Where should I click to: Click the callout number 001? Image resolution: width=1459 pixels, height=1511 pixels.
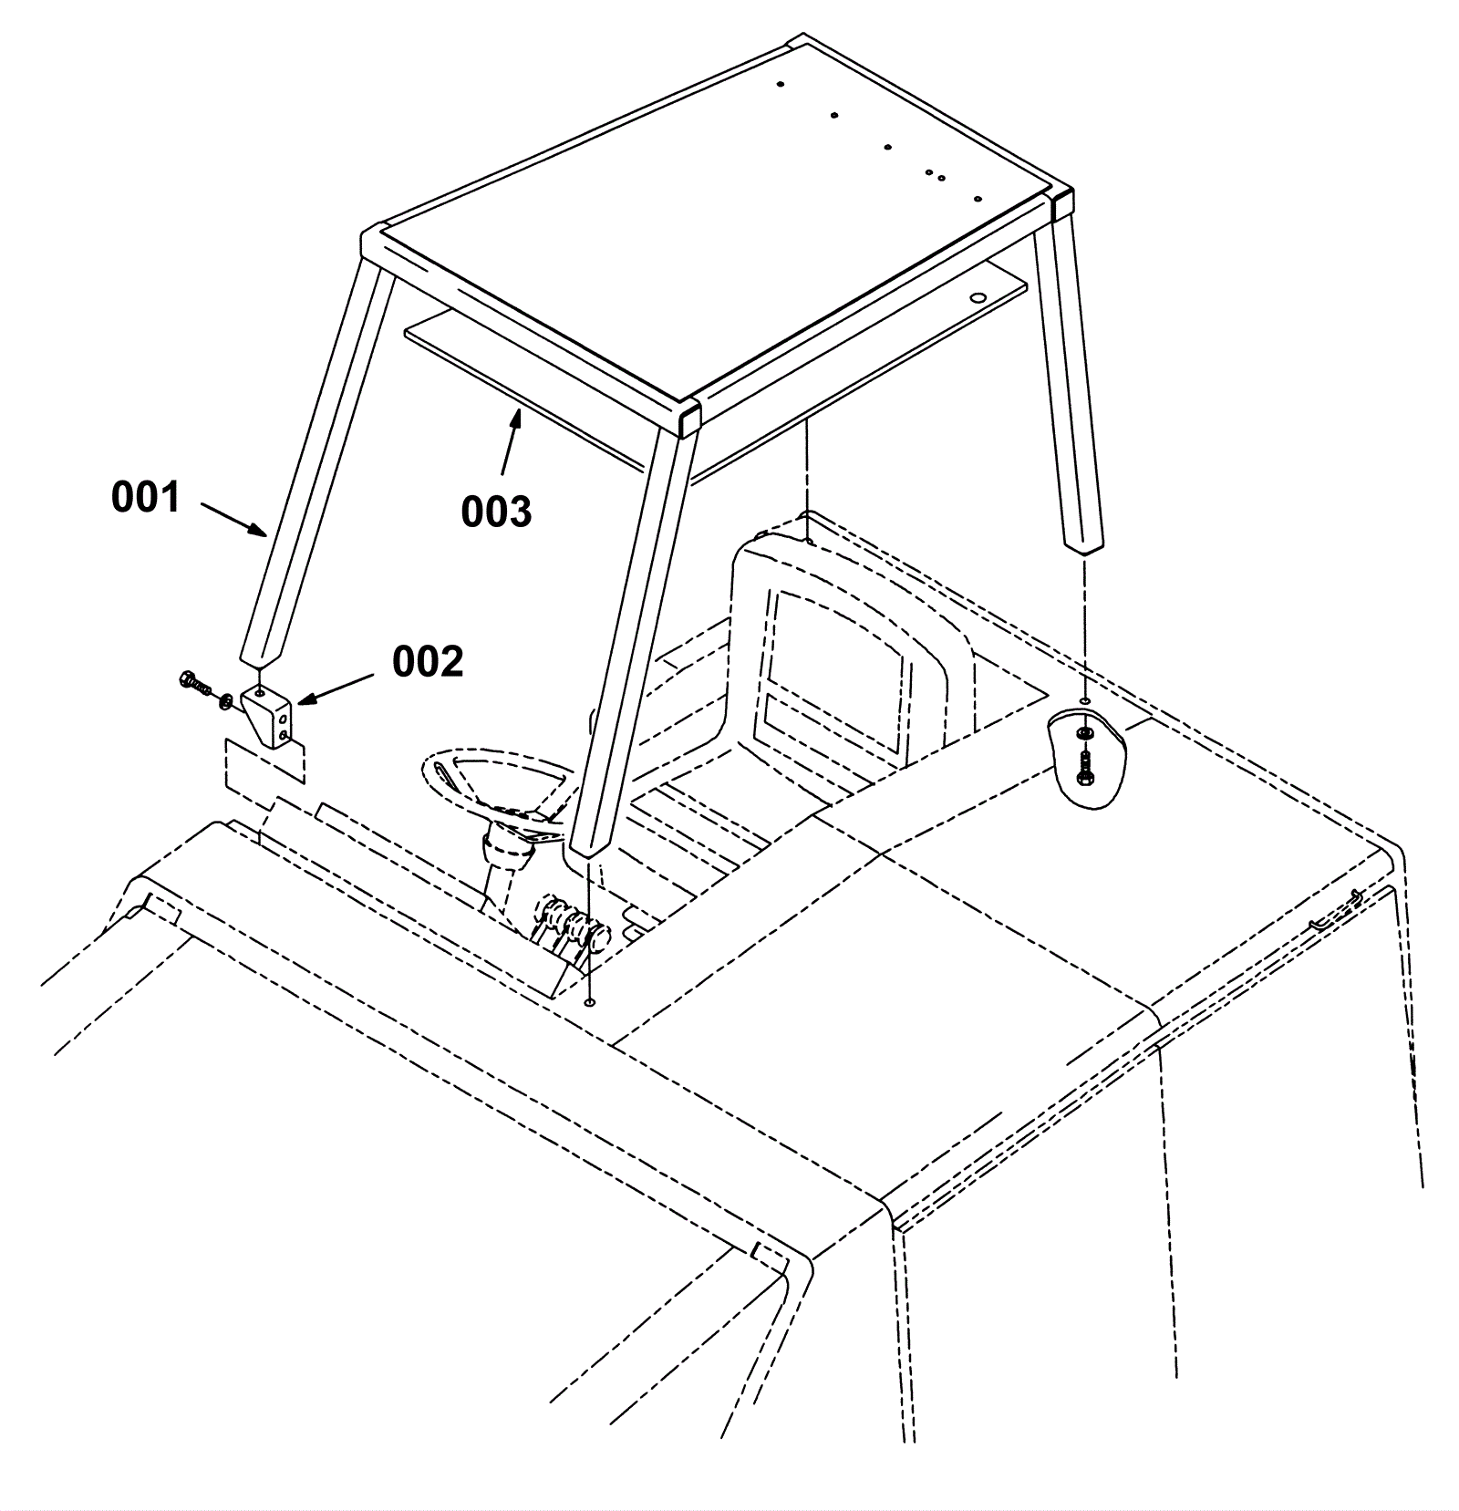146,498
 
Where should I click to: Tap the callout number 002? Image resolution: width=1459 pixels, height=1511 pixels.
428,661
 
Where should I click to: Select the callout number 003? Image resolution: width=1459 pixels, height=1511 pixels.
496,512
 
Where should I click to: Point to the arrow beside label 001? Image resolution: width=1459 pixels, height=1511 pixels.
233,519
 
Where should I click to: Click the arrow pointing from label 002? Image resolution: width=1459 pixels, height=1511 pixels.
336,689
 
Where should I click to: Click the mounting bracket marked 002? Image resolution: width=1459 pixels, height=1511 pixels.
268,718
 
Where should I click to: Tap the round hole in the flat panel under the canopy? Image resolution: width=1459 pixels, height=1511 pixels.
978,298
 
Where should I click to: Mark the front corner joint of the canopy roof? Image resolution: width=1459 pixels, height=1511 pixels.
689,419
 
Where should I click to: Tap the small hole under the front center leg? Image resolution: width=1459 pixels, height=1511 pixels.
591,1003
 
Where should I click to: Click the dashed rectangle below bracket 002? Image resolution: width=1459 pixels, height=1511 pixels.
264,762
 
